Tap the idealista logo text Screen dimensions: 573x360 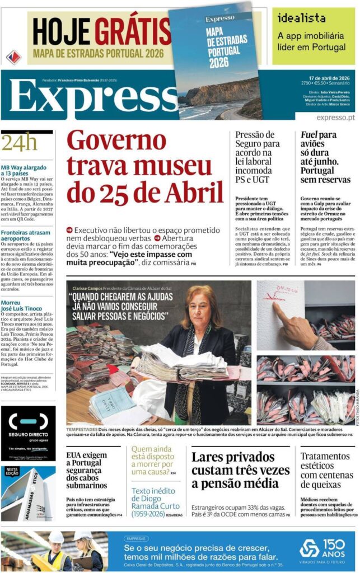[302, 18]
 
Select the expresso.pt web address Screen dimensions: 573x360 [335, 118]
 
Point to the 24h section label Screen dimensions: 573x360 [19, 143]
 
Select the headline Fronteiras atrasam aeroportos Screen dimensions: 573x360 [25, 235]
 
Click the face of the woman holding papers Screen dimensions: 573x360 [202, 308]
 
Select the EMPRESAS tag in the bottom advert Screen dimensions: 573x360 [136, 538]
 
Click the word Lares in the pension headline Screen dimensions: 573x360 [208, 457]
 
